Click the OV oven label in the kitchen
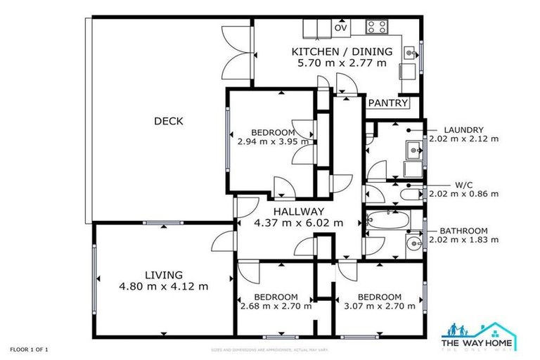click(341, 28)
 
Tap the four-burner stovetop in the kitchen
click(376, 27)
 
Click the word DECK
click(169, 122)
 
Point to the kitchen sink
click(409, 52)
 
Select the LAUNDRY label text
click(463, 129)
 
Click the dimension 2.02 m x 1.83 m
click(463, 240)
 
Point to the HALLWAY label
click(298, 211)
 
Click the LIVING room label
click(164, 274)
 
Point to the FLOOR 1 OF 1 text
click(30, 349)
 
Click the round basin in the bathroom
click(413, 245)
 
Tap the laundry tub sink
click(413, 149)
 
